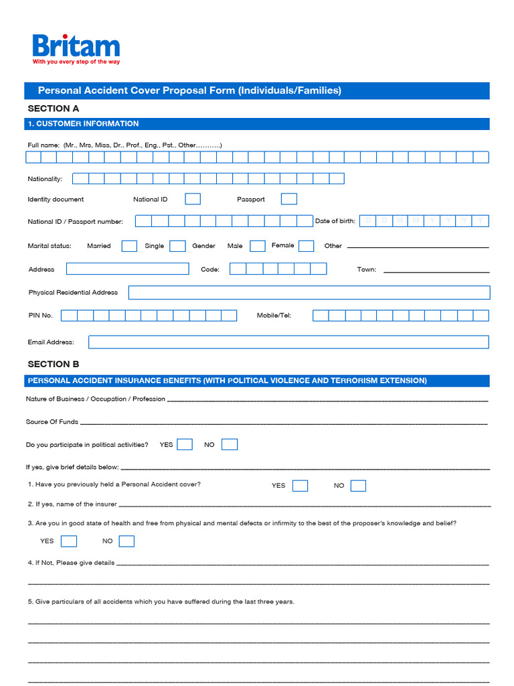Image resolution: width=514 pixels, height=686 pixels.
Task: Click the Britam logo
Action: tap(76, 46)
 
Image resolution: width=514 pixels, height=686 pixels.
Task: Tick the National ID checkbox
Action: tap(193, 199)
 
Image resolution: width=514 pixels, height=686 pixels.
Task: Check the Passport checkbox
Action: tap(288, 199)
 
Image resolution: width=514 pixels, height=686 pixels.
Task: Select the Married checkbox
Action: tap(129, 246)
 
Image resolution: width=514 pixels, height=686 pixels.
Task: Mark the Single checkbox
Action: tap(177, 246)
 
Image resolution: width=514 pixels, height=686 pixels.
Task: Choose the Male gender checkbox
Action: tap(258, 246)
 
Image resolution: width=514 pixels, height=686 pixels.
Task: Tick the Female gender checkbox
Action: tap(306, 246)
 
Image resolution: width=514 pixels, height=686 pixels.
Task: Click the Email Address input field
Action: tap(288, 342)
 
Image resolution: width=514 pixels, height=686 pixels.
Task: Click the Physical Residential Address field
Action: tap(309, 293)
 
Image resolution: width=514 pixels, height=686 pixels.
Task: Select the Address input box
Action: tap(127, 269)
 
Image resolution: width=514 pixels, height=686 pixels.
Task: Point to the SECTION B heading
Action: tap(54, 364)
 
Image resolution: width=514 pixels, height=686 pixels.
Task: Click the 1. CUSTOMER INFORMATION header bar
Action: tap(257, 124)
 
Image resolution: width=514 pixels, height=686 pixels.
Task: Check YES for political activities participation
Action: tap(185, 444)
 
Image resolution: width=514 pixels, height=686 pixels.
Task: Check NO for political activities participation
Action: tap(230, 444)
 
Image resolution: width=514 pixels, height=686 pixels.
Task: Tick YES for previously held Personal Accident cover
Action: tap(300, 486)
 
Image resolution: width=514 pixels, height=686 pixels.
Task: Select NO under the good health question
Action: tap(126, 541)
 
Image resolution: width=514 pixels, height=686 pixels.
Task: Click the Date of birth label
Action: tap(335, 221)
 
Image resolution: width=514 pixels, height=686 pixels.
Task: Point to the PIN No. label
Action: tap(40, 316)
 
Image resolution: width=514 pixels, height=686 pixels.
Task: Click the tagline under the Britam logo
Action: tap(76, 62)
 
